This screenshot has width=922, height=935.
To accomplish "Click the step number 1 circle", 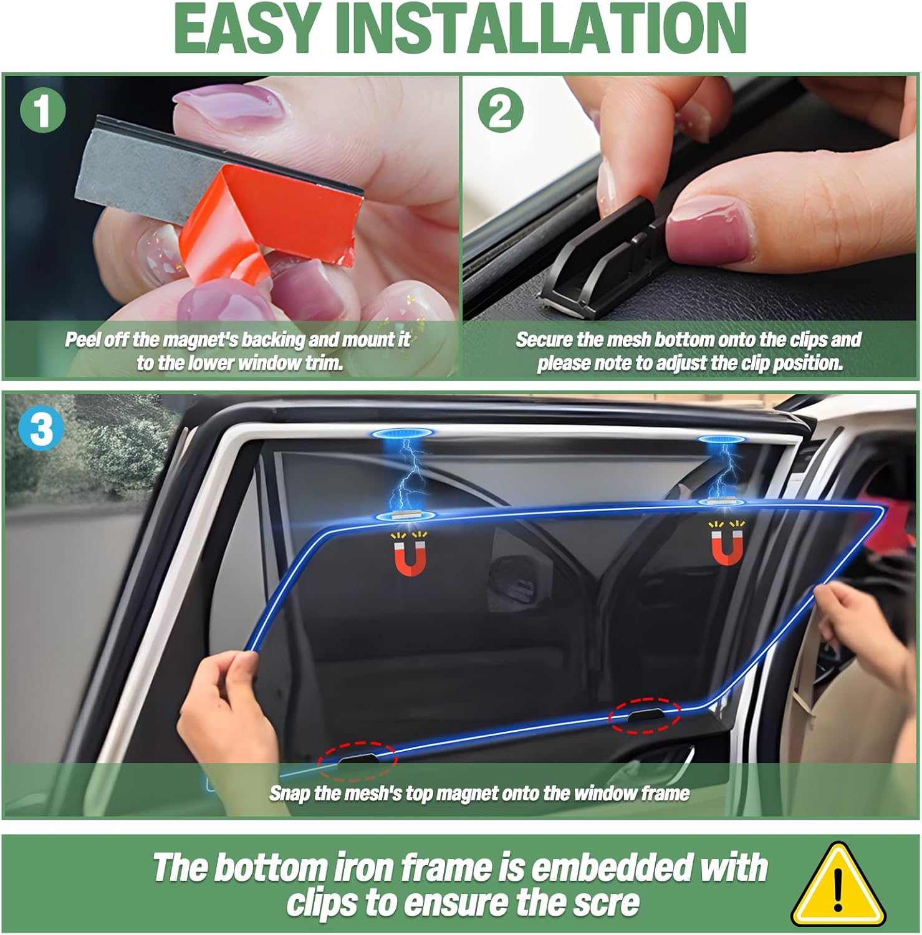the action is [x=42, y=111].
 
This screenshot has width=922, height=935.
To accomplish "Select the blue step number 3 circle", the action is [x=42, y=429].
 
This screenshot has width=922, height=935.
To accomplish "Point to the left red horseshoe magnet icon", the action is [x=410, y=554].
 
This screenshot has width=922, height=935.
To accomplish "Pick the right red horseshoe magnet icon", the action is [x=727, y=544].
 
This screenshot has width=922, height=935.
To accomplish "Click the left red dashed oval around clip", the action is [x=357, y=761].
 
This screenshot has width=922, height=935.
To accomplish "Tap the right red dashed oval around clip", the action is [x=645, y=716].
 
